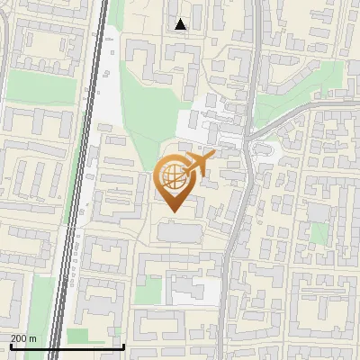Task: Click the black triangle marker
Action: [x=181, y=24]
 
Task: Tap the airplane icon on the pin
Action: [x=199, y=164]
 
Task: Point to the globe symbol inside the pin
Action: [x=171, y=175]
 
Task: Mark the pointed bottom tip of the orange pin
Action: [x=172, y=212]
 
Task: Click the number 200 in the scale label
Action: [x=20, y=338]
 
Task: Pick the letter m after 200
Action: [x=33, y=338]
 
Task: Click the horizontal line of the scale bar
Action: [x=67, y=346]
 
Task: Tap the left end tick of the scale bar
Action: [x=11, y=345]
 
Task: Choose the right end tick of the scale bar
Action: [x=123, y=345]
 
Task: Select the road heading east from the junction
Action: [x=297, y=112]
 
